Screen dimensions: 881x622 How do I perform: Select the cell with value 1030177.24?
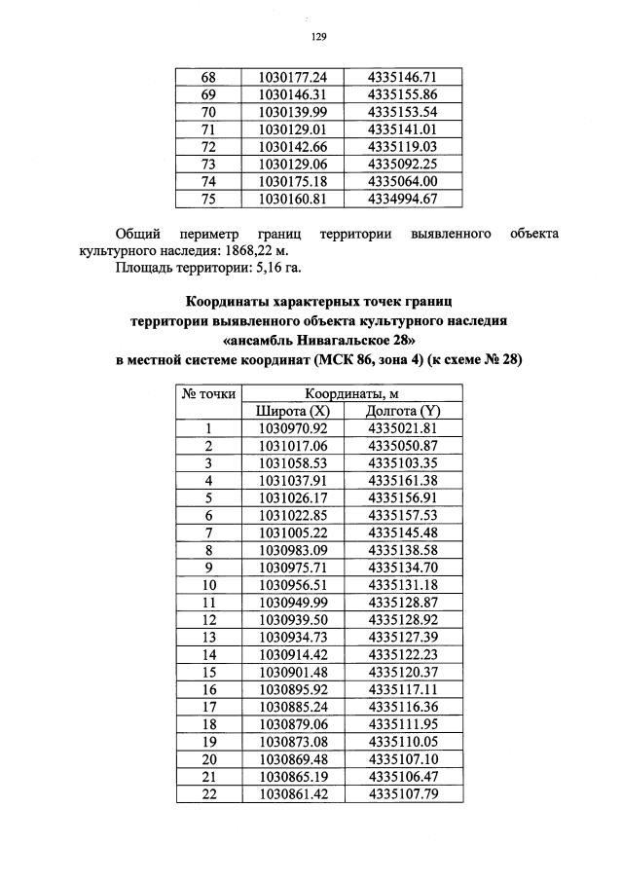293,77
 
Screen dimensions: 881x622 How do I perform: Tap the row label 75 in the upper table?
206,200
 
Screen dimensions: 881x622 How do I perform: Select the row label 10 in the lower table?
206,585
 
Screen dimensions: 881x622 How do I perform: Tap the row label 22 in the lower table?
206,794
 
